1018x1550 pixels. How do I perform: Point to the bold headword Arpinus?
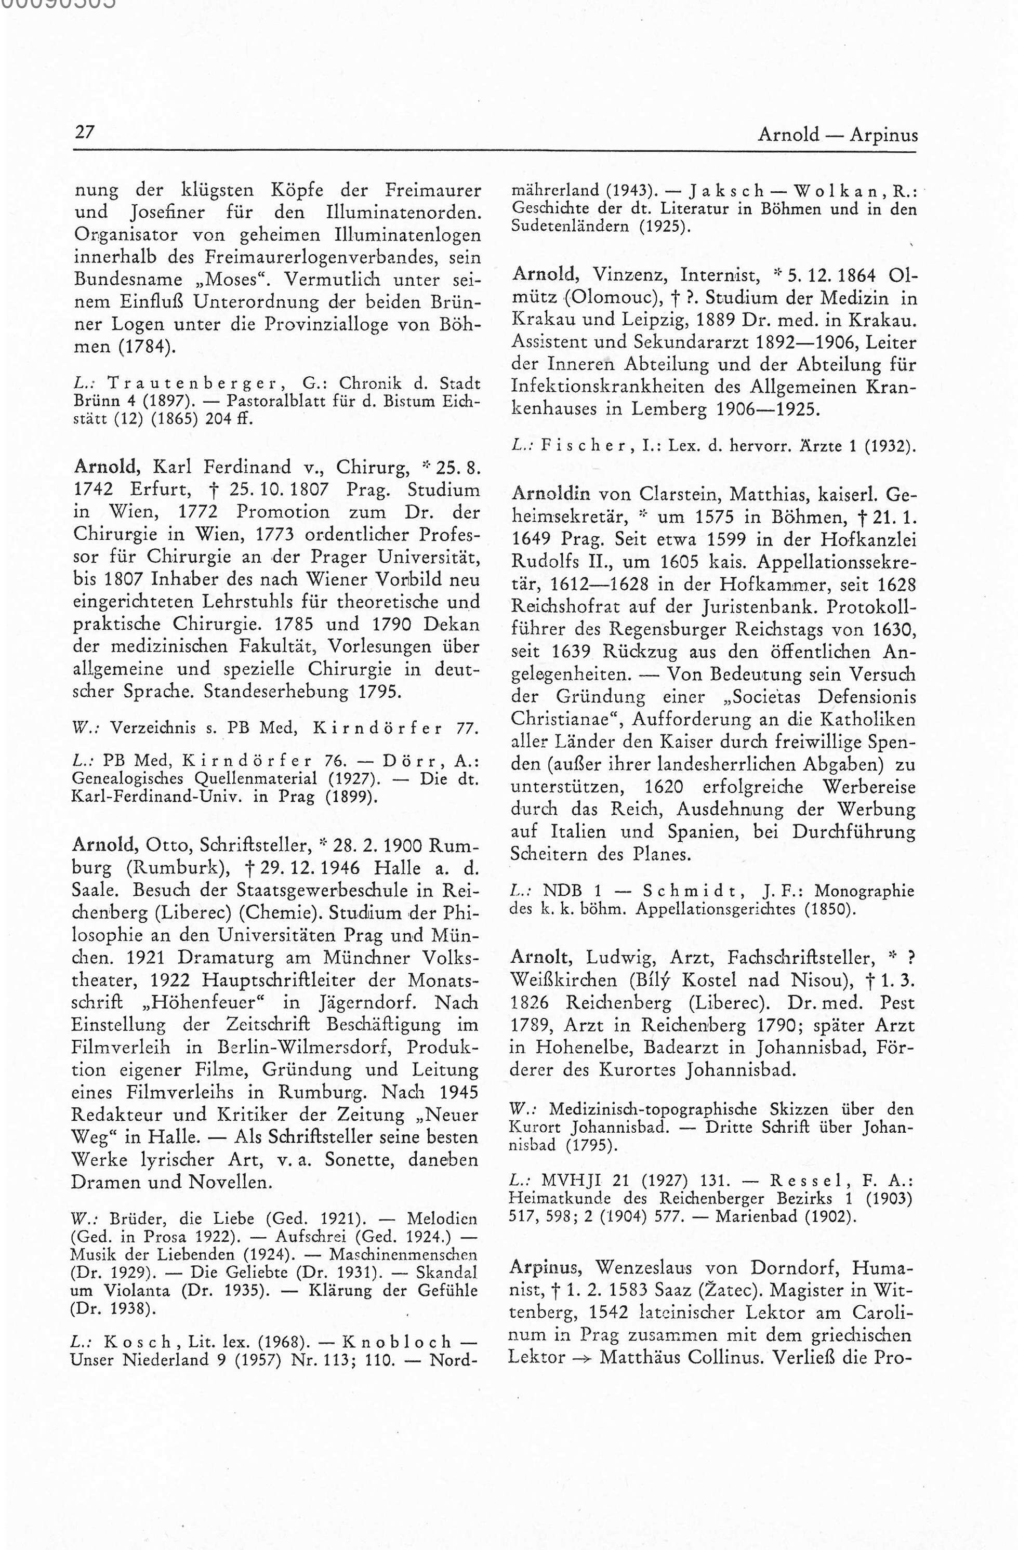[x=545, y=1267]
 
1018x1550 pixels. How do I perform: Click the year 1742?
[x=95, y=490]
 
